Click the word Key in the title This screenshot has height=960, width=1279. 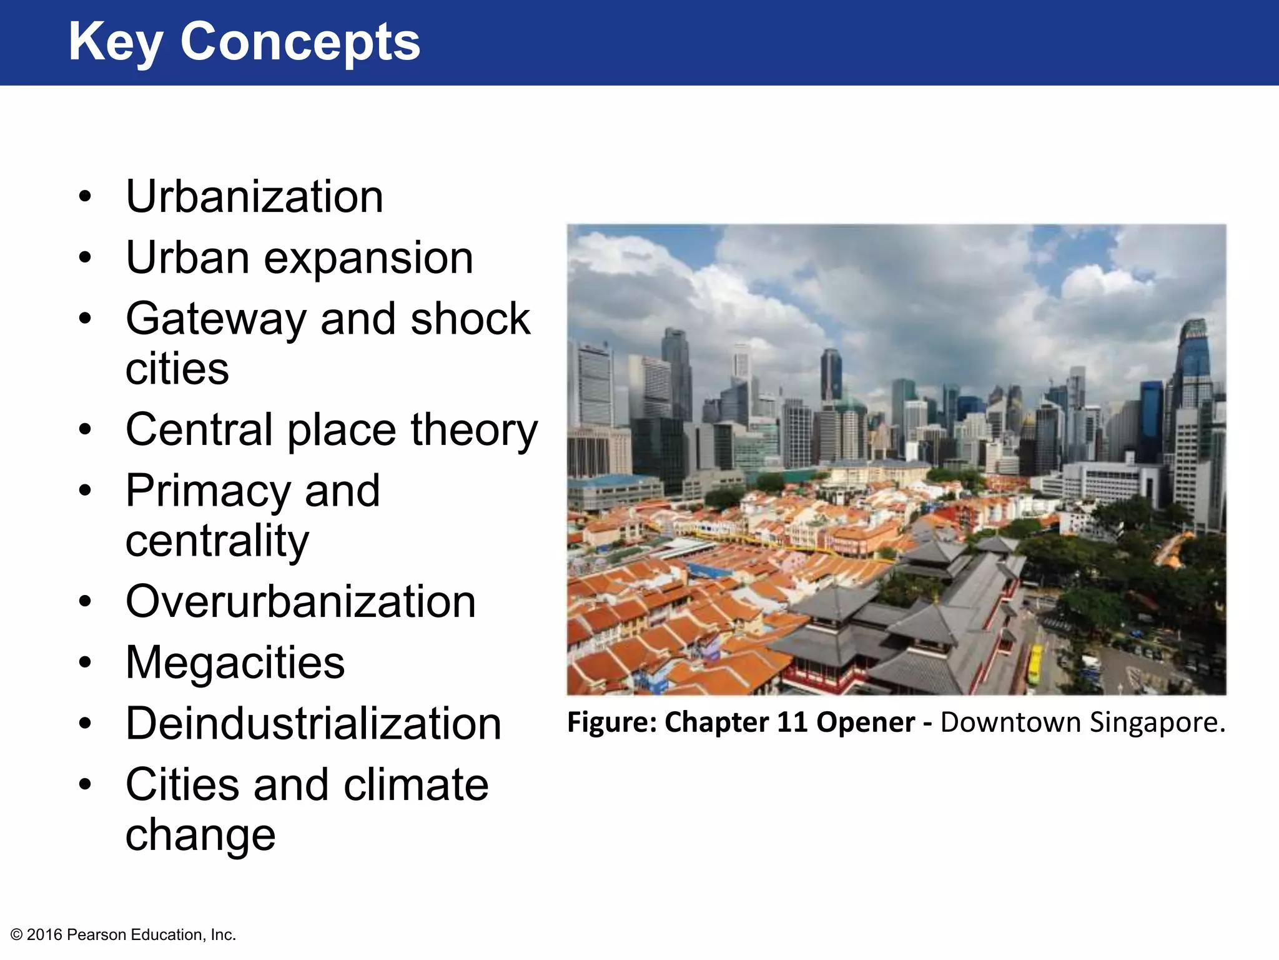(x=115, y=42)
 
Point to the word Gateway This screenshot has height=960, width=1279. (x=216, y=319)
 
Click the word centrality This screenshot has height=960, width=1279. (x=217, y=541)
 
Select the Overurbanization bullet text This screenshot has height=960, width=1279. (x=300, y=601)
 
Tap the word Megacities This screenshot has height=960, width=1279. (x=235, y=662)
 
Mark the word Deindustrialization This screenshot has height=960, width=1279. (x=314, y=724)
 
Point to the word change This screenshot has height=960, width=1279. (x=200, y=835)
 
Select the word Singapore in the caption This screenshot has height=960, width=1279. (x=1157, y=723)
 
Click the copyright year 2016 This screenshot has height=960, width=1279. (x=44, y=935)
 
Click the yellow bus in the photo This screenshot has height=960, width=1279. (x=1034, y=664)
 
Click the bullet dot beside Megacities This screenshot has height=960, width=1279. (x=86, y=662)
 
